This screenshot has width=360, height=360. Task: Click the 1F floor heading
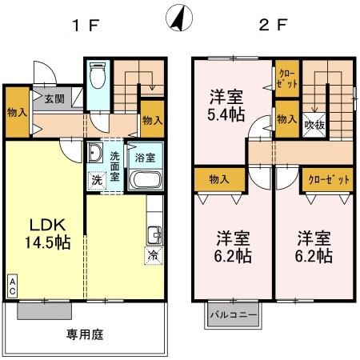coord(85,25)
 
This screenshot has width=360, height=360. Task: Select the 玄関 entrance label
coord(54,99)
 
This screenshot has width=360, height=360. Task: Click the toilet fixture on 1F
coord(98,78)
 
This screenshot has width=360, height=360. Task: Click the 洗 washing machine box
coord(96,180)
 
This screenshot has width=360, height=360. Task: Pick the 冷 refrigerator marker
coord(152,256)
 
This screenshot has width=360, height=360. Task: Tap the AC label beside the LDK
coord(13,286)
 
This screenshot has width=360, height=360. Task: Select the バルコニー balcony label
coord(234,315)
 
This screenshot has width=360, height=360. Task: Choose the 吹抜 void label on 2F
coord(314,126)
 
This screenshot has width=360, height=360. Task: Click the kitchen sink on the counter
coord(154,234)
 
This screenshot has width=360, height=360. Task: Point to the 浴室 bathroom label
coord(144,158)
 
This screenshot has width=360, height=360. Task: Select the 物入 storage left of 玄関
coord(16,111)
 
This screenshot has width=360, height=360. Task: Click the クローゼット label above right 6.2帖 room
coord(330,179)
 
